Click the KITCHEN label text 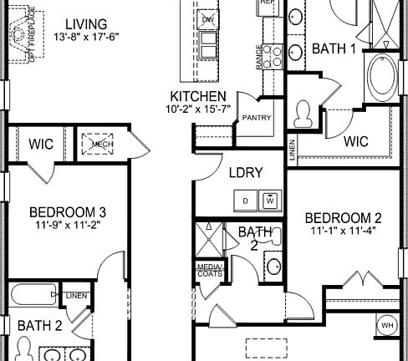coord(197,96)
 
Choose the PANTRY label coord(257,118)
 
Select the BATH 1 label coord(334,49)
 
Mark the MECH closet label coord(102,145)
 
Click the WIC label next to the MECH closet coord(41,145)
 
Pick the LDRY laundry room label coord(246,173)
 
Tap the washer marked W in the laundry coord(269,201)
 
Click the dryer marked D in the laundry coord(245,201)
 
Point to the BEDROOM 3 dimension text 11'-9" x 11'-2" coord(67,225)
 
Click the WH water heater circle coord(386,324)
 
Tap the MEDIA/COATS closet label coord(207,270)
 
